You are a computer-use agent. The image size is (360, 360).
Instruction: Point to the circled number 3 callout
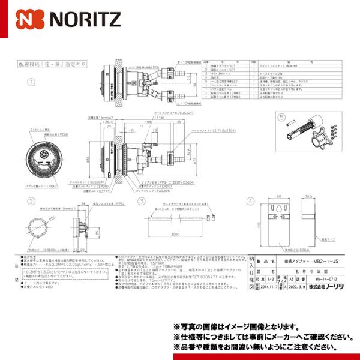click(142, 202)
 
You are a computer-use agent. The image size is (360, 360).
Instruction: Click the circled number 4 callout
click(250, 202)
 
